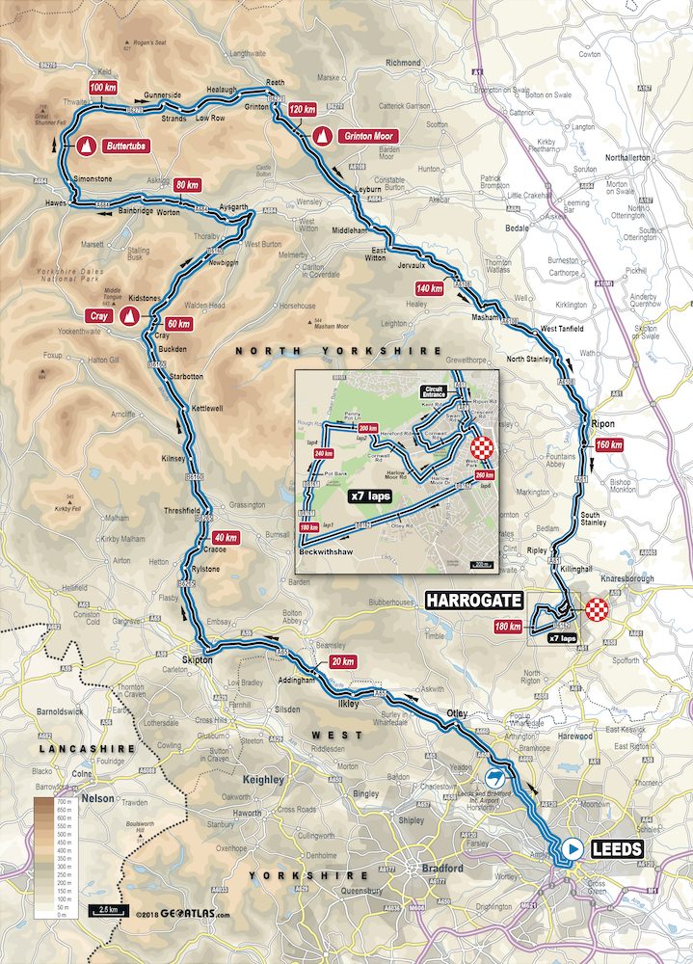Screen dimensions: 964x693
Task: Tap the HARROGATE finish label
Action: click(x=473, y=601)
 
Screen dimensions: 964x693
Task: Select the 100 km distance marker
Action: click(x=108, y=88)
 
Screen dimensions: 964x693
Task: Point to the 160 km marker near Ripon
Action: click(x=609, y=445)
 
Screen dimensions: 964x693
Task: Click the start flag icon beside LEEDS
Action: click(x=573, y=849)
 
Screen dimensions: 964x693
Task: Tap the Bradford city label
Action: click(x=442, y=868)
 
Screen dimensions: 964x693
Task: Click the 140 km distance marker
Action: click(x=429, y=287)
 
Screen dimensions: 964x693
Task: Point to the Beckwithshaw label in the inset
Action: click(x=322, y=552)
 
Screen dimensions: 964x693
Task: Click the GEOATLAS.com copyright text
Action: click(x=183, y=913)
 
